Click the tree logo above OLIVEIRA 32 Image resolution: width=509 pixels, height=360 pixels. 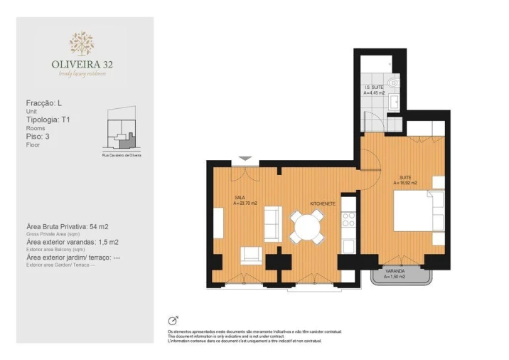[81, 43]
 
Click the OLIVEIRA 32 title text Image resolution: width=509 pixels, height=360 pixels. [81, 64]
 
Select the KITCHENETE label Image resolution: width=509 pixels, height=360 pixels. [322, 203]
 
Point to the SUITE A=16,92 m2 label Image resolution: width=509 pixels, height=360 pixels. [407, 181]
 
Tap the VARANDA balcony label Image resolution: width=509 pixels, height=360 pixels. [395, 275]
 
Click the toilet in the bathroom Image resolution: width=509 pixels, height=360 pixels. [395, 84]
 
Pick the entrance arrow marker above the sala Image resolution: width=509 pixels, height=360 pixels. [245, 159]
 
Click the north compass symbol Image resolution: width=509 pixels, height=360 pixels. [172, 320]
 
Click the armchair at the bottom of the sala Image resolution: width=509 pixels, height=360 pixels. [250, 254]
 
